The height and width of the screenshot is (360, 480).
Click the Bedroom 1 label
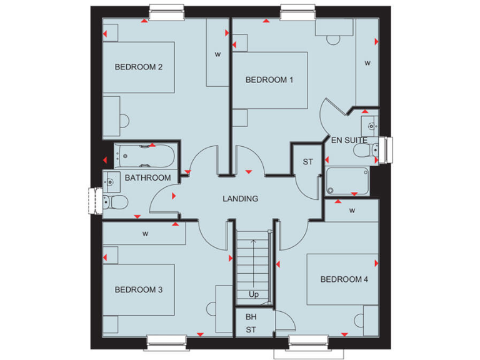[269, 79]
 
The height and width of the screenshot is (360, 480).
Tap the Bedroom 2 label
[139, 67]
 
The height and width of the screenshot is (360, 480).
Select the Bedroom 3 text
[139, 289]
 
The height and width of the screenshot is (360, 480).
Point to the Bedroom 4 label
[344, 279]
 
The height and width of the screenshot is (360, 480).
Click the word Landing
[241, 199]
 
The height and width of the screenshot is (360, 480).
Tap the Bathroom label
[147, 178]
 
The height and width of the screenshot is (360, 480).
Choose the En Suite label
[349, 140]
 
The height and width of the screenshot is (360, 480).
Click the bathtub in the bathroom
[144, 156]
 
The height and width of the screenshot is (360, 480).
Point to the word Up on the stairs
[253, 294]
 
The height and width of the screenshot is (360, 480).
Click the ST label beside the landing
[307, 162]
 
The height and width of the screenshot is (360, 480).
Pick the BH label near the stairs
[251, 317]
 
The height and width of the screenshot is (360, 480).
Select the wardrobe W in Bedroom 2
[217, 54]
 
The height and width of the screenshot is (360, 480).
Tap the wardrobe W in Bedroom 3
[145, 234]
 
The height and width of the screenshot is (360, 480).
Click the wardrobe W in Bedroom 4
[352, 211]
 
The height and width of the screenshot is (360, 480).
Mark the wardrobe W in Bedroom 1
[367, 62]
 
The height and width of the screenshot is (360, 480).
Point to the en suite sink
[372, 125]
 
